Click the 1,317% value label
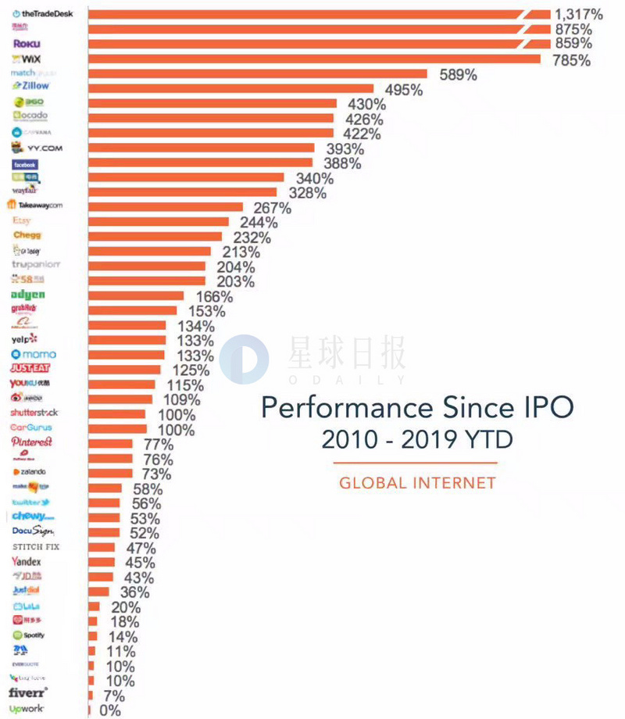pyautogui.click(x=578, y=13)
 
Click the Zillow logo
pyautogui.click(x=30, y=86)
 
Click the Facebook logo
pyautogui.click(x=25, y=165)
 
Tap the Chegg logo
pyautogui.click(x=27, y=235)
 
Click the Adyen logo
pyautogui.click(x=28, y=295)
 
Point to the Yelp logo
pyautogui.click(x=24, y=338)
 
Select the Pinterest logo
pyautogui.click(x=31, y=442)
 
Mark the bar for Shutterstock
pyautogui.click(x=117, y=414)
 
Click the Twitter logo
pyautogui.click(x=30, y=502)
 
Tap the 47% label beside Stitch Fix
pyautogui.click(x=141, y=548)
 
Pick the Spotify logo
pyautogui.click(x=29, y=635)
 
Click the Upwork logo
pyautogui.click(x=27, y=709)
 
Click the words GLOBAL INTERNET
pyautogui.click(x=417, y=483)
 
